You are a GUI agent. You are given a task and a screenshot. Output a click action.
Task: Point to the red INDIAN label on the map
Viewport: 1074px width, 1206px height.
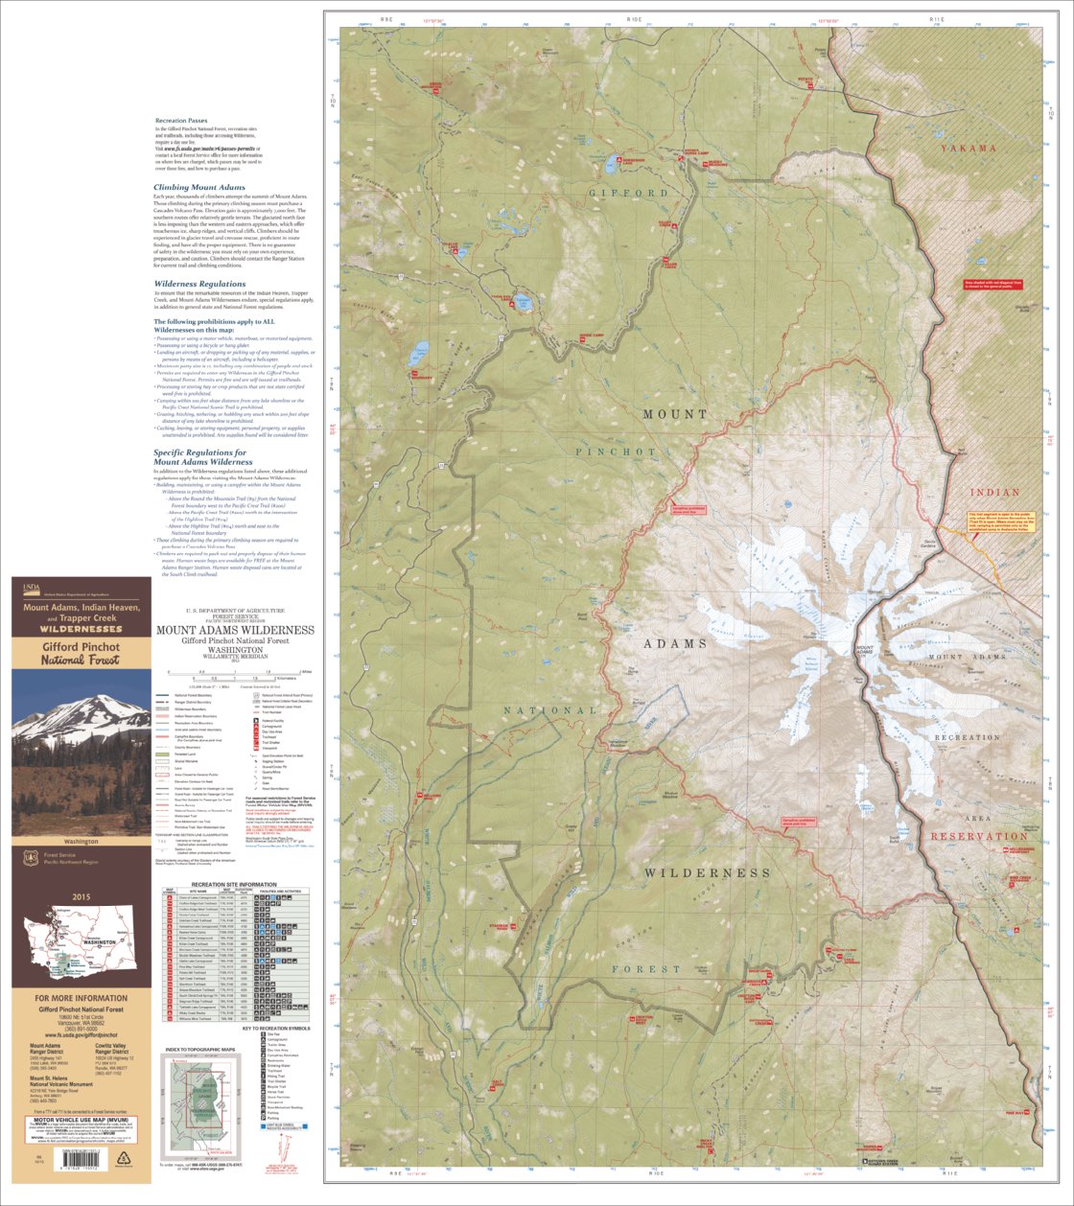pos(994,493)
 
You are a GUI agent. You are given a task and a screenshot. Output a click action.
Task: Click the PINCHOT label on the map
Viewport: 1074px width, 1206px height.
pos(616,452)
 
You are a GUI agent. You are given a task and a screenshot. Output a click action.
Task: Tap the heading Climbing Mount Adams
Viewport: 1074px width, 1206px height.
pos(199,188)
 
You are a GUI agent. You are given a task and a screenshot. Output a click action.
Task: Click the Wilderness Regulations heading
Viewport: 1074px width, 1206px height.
pos(200,284)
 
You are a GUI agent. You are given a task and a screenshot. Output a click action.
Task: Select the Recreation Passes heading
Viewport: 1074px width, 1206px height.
pos(179,121)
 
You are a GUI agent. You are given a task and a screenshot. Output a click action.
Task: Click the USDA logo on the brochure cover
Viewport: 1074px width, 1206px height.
pos(33,588)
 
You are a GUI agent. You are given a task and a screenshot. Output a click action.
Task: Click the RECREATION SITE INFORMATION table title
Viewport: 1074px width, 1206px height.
pos(235,885)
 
